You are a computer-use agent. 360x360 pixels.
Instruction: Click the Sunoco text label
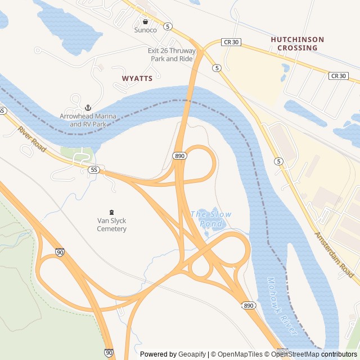point(145,30)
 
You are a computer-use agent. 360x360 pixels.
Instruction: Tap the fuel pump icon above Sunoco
point(145,21)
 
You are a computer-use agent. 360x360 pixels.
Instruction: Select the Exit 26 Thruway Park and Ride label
point(172,55)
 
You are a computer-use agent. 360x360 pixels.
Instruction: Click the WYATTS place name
point(137,79)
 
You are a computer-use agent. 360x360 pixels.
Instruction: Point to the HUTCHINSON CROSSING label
point(297,44)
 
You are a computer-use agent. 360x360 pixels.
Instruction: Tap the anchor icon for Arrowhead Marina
point(88,107)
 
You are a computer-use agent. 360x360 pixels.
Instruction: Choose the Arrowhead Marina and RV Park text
point(88,120)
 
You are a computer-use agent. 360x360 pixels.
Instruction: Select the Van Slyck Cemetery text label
point(111,225)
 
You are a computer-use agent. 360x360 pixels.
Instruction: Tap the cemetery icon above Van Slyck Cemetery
point(111,212)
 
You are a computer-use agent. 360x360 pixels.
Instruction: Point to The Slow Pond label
point(211,219)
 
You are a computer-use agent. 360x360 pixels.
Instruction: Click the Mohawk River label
point(282,307)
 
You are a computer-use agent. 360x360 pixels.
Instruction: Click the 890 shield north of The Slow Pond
point(179,156)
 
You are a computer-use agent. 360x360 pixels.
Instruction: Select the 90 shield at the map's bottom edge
point(108,352)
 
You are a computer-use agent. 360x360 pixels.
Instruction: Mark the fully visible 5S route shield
point(94,169)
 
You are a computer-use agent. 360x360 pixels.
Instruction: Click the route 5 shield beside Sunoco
point(168,26)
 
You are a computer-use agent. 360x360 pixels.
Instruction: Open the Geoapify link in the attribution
point(192,354)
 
